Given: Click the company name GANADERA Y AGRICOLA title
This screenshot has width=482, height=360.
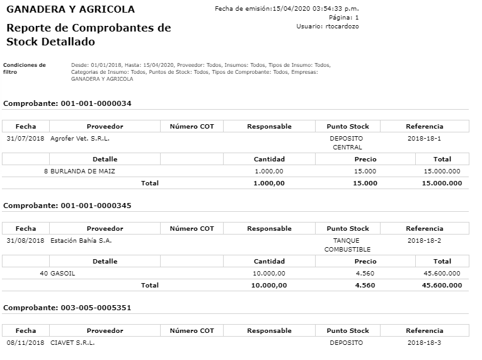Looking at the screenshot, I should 70,9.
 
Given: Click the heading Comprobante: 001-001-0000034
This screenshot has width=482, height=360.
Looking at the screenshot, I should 67,103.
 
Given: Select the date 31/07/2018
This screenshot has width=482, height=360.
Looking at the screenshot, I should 25,138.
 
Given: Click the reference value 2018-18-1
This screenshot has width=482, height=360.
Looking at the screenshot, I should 424,138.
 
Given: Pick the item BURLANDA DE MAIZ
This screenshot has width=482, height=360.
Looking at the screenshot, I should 83,171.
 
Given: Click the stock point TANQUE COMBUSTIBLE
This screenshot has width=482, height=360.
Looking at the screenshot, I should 347,245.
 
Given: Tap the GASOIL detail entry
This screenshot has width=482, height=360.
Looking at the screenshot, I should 62,274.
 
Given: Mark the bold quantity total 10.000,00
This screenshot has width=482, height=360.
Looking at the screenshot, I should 269,286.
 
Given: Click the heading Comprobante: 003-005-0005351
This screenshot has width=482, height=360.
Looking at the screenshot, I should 67,308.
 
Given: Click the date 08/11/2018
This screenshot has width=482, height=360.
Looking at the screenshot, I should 25,343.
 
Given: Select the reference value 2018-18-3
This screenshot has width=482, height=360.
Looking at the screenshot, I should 424,343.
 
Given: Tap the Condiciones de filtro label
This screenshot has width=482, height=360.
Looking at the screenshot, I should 24,68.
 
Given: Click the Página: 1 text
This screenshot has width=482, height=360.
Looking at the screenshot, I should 344,18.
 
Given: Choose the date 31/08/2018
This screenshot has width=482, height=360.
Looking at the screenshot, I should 25,240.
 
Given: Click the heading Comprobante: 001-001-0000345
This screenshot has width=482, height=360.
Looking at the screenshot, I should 67,206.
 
